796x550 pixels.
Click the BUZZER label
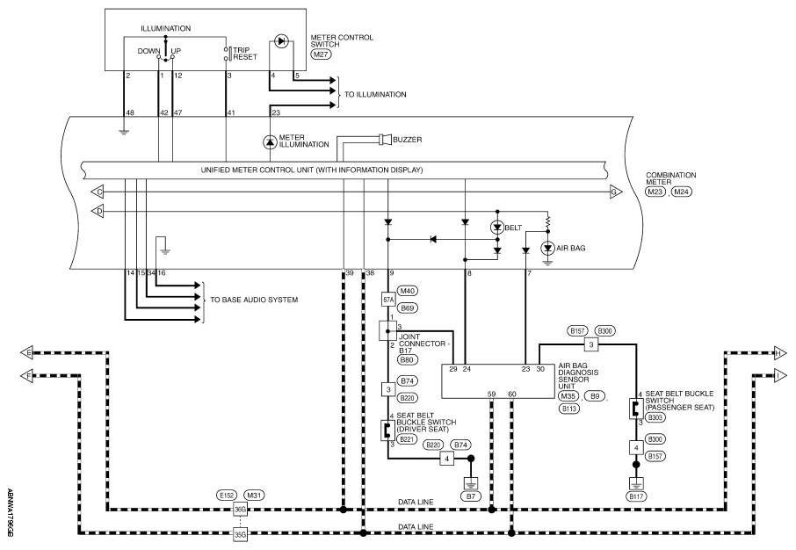(x=407, y=140)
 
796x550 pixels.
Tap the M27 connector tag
(x=321, y=54)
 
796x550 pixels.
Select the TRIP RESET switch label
(x=245, y=54)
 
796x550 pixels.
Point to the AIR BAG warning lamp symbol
(x=547, y=249)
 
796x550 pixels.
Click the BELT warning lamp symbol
(x=497, y=228)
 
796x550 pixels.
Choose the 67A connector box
(x=387, y=300)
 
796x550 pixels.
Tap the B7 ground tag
(x=471, y=496)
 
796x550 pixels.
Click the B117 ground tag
(x=635, y=496)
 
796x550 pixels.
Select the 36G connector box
(x=240, y=509)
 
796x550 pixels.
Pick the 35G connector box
(x=240, y=534)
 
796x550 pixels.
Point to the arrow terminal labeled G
(x=615, y=192)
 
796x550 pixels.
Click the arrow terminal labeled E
(x=26, y=352)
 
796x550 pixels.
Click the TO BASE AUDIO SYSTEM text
(x=254, y=300)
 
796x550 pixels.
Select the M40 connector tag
(x=408, y=291)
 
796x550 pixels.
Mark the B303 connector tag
(x=655, y=417)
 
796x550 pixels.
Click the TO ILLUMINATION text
(x=375, y=95)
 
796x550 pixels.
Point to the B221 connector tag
(x=407, y=439)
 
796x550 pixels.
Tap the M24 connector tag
(x=682, y=192)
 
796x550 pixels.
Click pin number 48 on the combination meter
(x=130, y=112)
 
